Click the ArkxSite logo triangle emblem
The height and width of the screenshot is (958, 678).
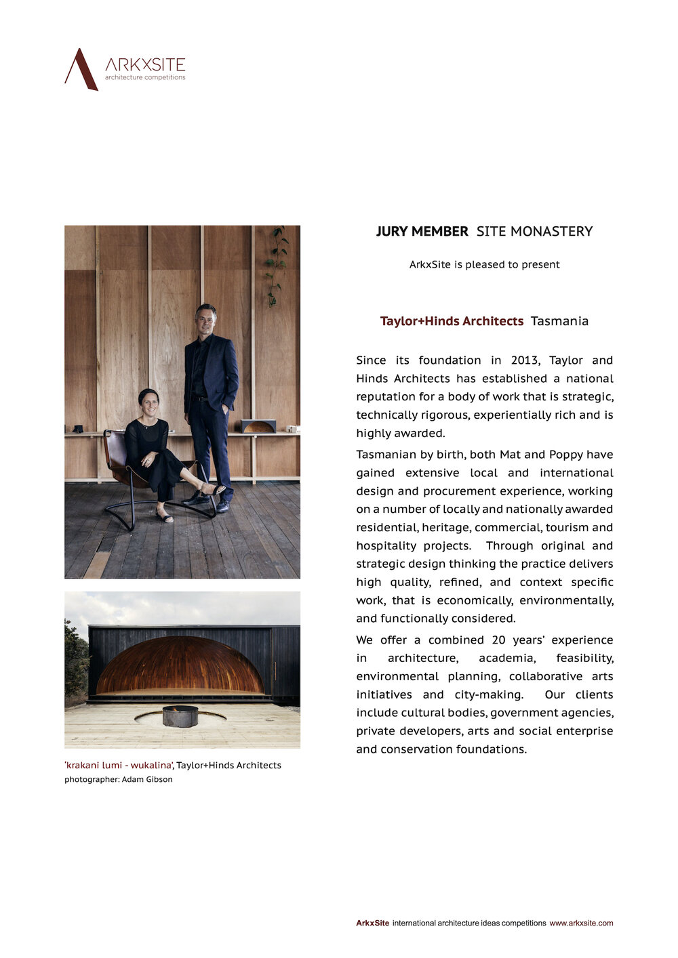coord(81,69)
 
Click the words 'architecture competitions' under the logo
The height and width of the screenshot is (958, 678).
coord(144,78)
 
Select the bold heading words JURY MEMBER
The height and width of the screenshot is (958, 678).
coord(422,232)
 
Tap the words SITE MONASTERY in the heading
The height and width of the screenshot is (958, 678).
coord(534,232)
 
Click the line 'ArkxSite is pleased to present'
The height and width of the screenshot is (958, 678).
coord(484,265)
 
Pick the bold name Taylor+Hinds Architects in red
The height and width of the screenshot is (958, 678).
coord(452,321)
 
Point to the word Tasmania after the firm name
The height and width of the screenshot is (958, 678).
coord(559,321)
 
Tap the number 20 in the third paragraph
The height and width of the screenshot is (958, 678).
coord(499,640)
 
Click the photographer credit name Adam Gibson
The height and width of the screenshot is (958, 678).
coord(147,780)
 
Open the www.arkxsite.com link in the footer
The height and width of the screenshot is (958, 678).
coord(581,923)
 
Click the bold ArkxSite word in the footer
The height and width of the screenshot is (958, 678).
coord(373,923)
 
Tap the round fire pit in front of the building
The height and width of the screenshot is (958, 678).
coord(180,715)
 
